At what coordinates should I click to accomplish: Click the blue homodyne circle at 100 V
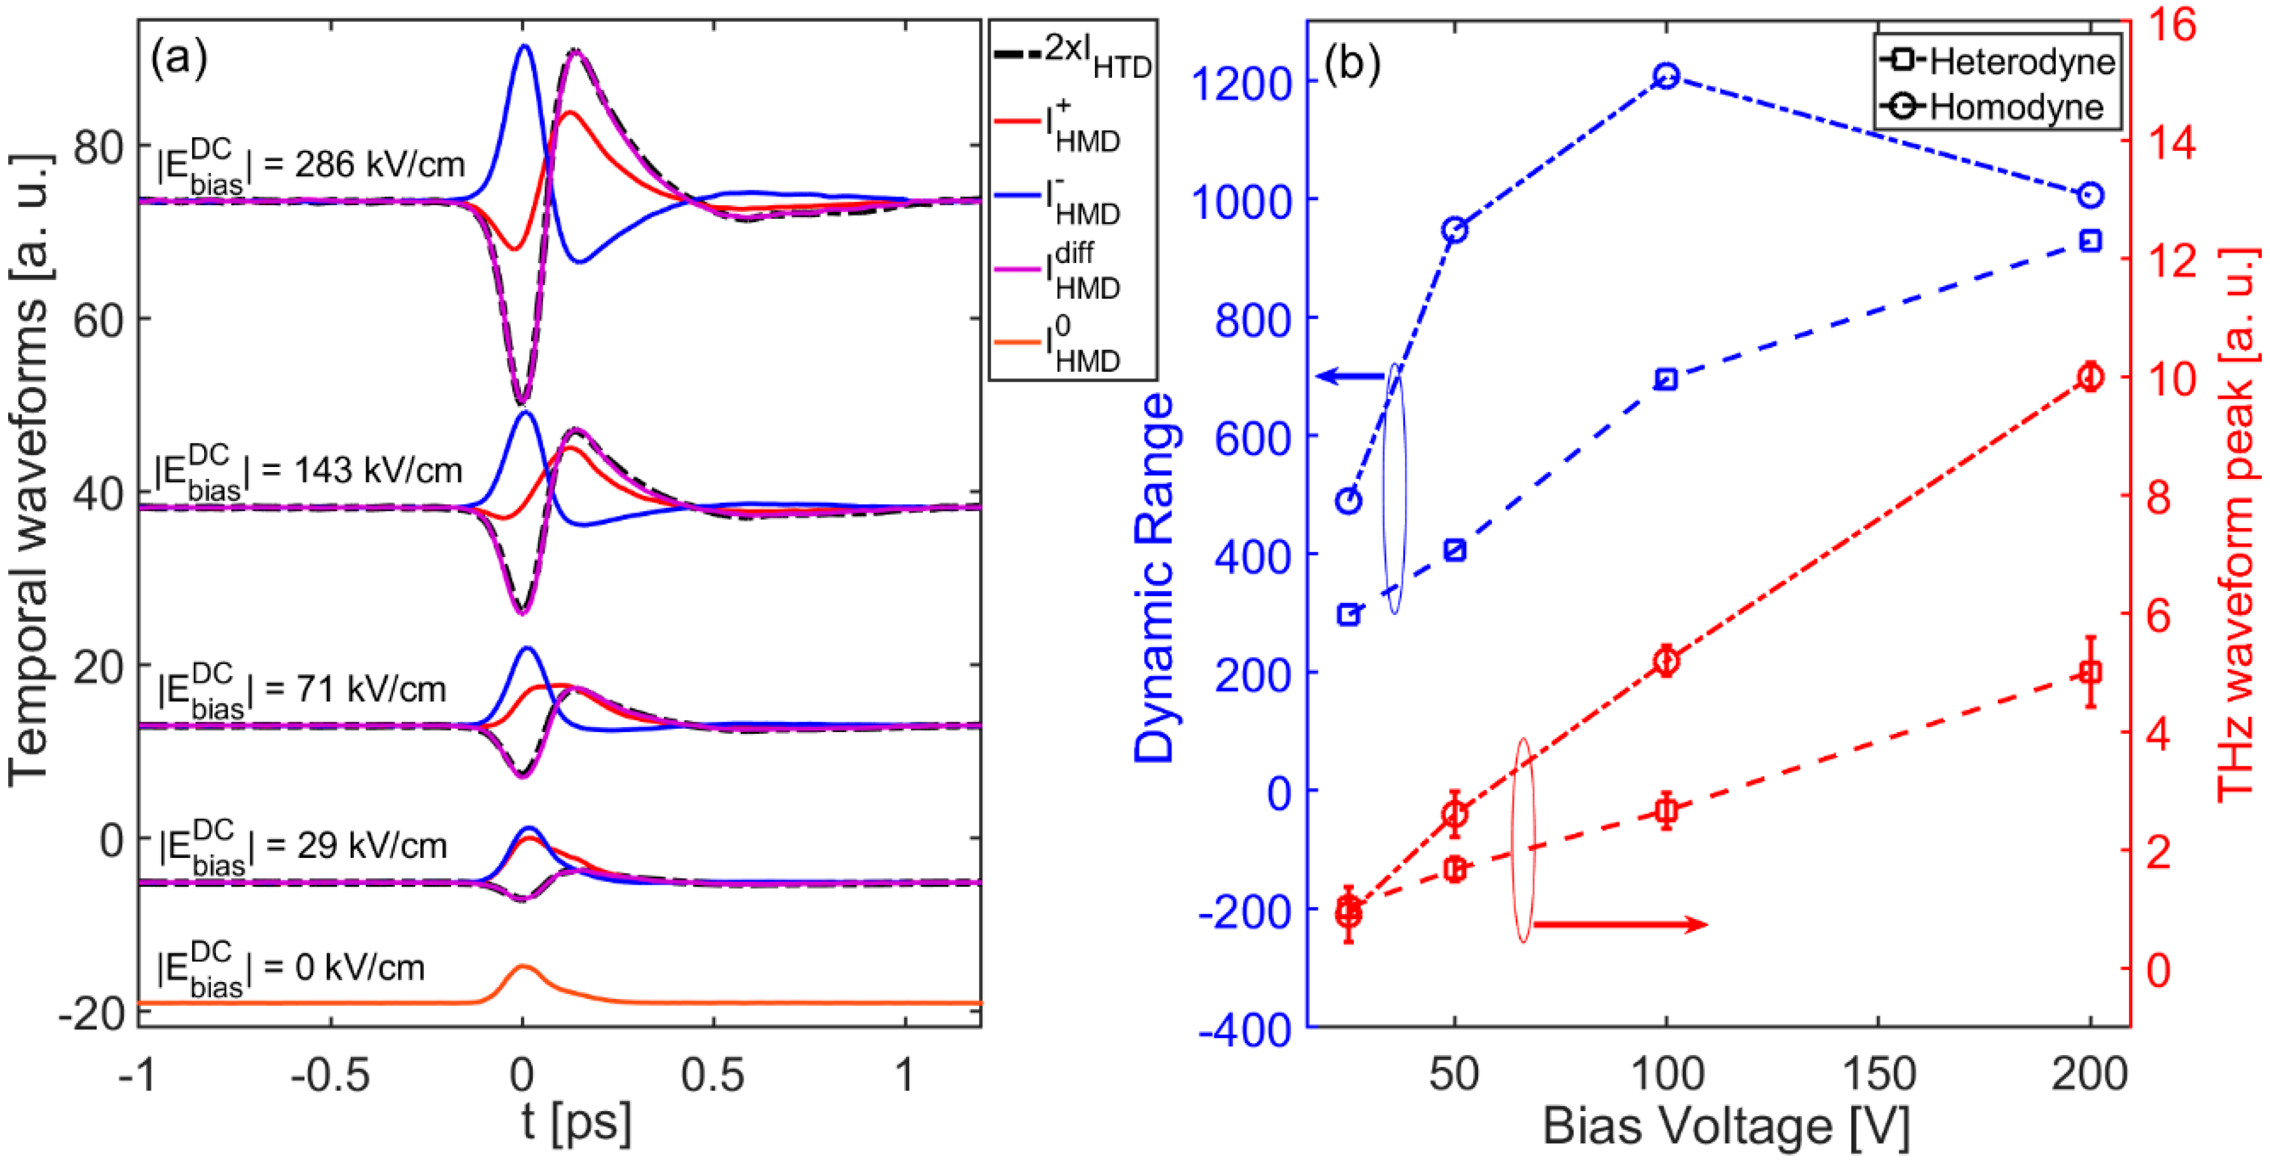pyautogui.click(x=1665, y=75)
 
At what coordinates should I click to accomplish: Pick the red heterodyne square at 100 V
pyautogui.click(x=1665, y=809)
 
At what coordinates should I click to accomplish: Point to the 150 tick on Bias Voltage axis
pyautogui.click(x=1879, y=1074)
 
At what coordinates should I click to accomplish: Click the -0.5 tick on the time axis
pyautogui.click(x=331, y=1076)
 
